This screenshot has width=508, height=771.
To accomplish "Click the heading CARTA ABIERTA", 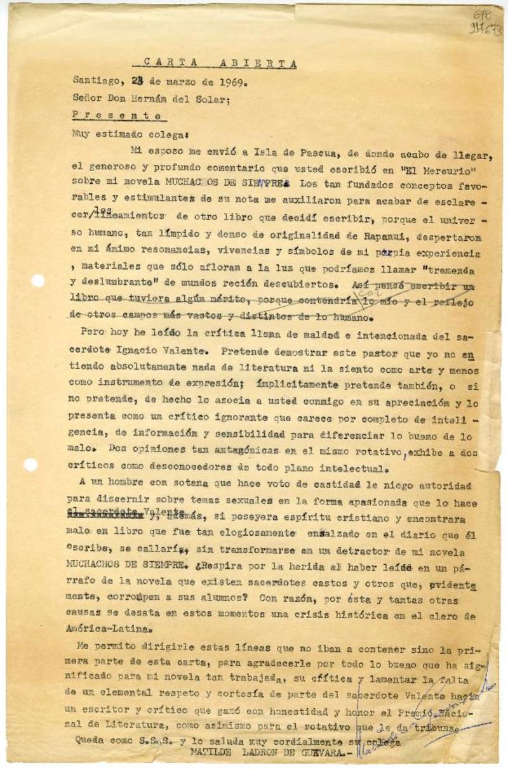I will click(220, 63).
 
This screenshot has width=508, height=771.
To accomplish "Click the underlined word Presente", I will click(117, 115).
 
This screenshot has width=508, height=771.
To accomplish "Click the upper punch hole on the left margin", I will click(38, 280).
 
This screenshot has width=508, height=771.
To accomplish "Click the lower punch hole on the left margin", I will click(30, 465).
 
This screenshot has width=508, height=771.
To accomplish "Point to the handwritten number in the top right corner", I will click(486, 22).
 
